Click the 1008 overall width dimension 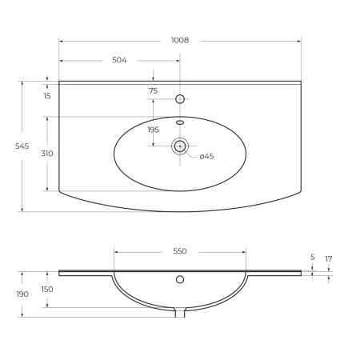180,40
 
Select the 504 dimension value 119,60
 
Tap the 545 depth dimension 22,146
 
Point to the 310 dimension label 47,154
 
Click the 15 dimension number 47,96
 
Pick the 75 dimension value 154,91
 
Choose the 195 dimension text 154,130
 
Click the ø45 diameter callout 206,156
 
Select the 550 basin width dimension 180,251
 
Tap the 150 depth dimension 47,290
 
